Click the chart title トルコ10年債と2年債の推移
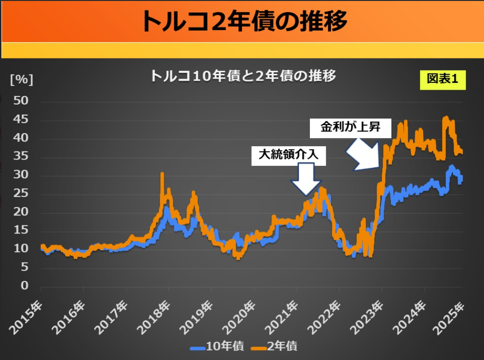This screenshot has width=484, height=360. point(243,76)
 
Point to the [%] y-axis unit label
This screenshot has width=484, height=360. point(22,80)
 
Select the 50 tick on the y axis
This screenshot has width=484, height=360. point(21,101)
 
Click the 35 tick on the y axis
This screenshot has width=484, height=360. point(21,157)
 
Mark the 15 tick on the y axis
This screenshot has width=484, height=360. point(21,231)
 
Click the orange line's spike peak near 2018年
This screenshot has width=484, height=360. point(162,174)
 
